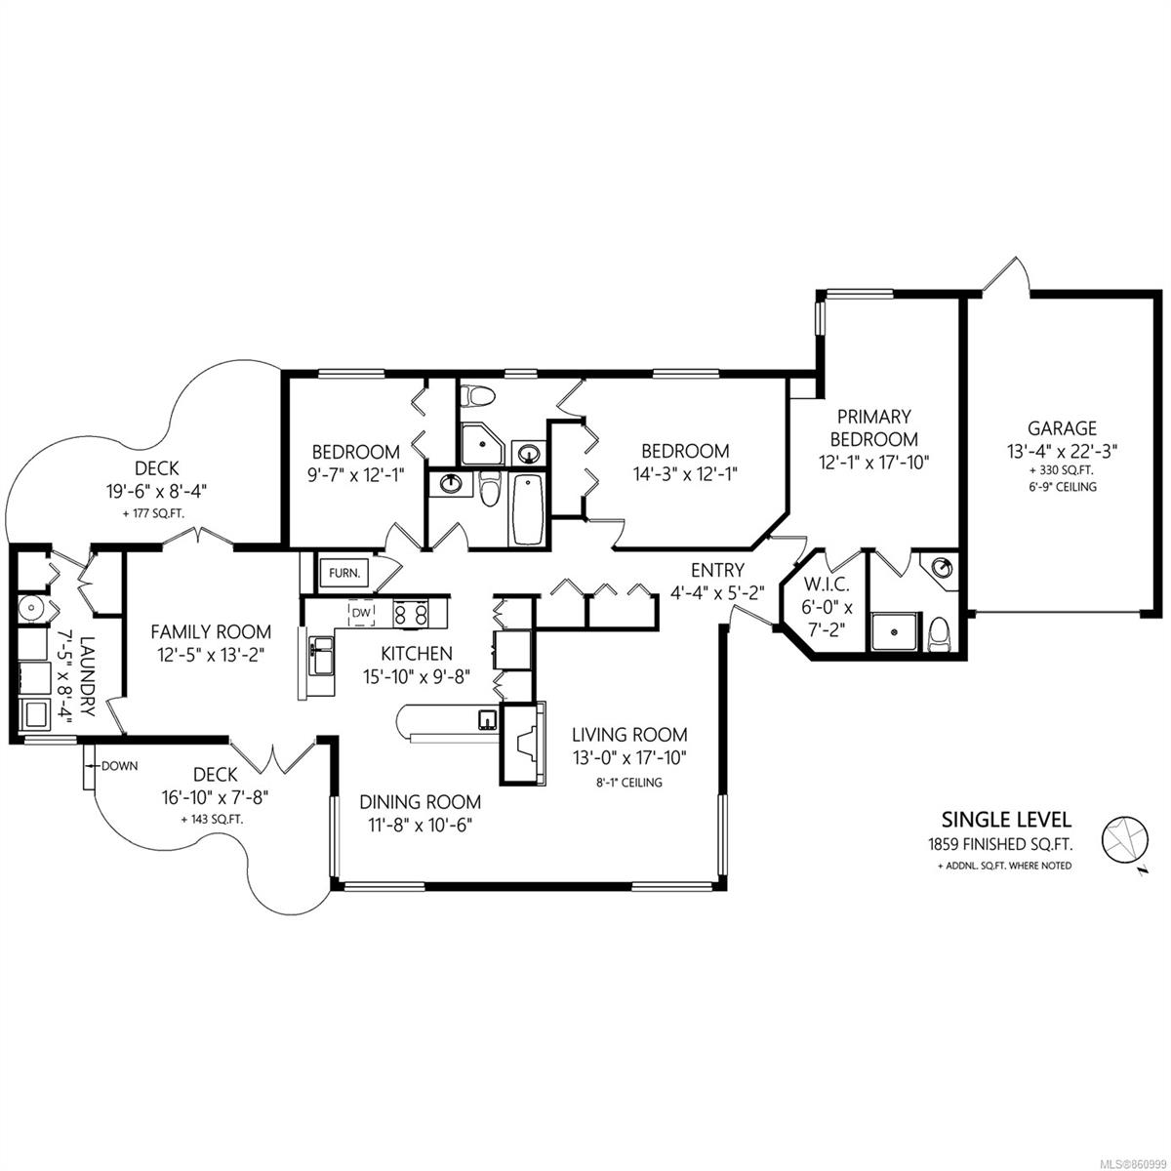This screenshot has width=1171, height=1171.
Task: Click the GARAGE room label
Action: (1062, 427)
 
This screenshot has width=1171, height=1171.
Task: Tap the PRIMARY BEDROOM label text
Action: (873, 427)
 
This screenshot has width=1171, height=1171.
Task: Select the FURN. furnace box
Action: (343, 573)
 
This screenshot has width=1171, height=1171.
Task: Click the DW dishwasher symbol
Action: (362, 613)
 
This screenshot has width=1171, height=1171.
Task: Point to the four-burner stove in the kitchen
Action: (411, 614)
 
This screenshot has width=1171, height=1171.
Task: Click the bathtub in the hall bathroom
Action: (526, 509)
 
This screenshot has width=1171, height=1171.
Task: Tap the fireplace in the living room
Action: (523, 744)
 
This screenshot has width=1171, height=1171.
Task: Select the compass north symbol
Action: (1125, 841)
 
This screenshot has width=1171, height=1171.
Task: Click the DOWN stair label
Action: (120, 766)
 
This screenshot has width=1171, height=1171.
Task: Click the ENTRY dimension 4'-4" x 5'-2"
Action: (717, 592)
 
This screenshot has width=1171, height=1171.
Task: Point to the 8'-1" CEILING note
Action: (629, 783)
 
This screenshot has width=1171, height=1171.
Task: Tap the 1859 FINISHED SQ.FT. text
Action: (1000, 844)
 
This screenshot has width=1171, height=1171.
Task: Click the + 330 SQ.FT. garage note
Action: (1062, 470)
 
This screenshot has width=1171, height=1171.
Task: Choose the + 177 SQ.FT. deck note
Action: (154, 513)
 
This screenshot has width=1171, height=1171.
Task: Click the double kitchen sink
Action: (321, 655)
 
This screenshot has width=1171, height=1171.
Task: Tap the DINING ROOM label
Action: (420, 801)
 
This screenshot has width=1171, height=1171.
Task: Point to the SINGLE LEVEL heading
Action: (1006, 819)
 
